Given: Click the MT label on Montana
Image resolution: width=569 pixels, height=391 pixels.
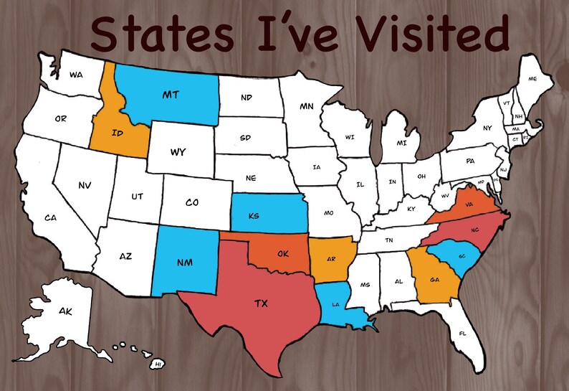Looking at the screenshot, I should [171, 94].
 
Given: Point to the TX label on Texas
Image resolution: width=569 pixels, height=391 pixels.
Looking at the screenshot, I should [261, 303].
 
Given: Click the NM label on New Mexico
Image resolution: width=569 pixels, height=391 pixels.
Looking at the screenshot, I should [185, 262].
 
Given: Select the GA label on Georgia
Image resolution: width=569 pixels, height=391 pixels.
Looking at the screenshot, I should [434, 280].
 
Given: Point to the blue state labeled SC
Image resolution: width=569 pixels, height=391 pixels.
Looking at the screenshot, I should [462, 256].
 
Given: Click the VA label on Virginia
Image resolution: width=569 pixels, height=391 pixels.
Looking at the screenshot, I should [470, 204].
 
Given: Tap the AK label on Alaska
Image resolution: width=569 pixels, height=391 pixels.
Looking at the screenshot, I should [65, 311].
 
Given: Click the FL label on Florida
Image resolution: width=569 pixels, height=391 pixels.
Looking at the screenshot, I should [462, 334].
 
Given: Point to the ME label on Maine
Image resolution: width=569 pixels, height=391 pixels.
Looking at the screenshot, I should [532, 78].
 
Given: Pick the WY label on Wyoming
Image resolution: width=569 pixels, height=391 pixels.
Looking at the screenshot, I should [178, 152].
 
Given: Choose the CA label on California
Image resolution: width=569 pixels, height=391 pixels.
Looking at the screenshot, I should [50, 217].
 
